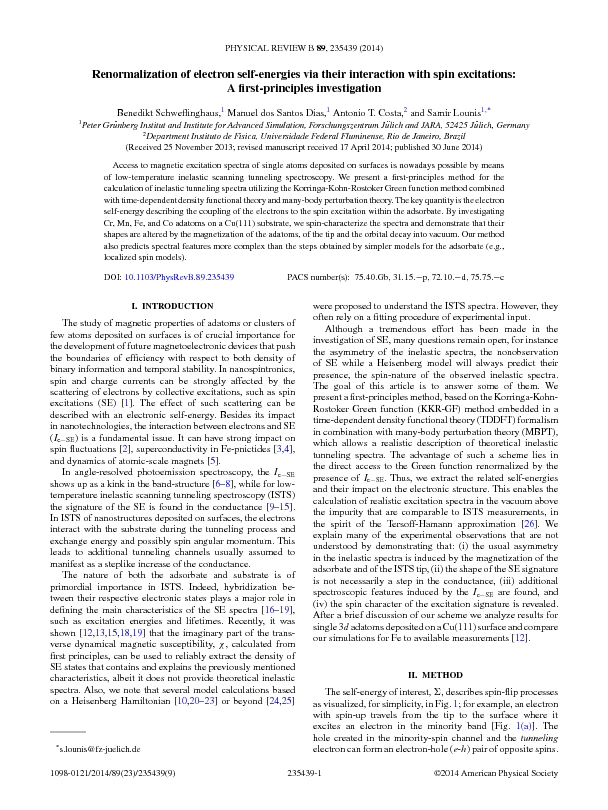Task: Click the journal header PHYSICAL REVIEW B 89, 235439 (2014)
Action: (303, 48)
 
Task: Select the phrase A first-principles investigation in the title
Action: (303, 89)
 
